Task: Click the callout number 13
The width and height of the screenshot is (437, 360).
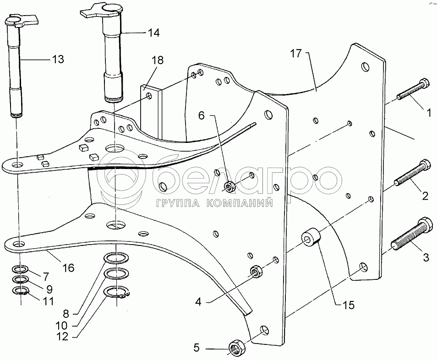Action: coord(58,59)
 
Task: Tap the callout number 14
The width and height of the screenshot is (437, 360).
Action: coord(153,33)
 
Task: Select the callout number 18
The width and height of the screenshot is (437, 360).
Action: coord(158,60)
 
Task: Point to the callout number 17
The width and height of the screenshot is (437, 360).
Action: coord(296,53)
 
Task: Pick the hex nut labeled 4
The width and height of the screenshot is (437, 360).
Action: coord(256,271)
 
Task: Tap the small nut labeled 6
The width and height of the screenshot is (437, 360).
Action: coord(229,186)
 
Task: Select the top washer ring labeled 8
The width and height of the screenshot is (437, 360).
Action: coord(116,258)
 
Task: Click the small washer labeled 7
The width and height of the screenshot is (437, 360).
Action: coord(20,269)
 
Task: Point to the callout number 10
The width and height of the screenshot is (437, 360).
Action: coord(61,325)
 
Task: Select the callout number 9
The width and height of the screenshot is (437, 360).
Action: coord(49,289)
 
